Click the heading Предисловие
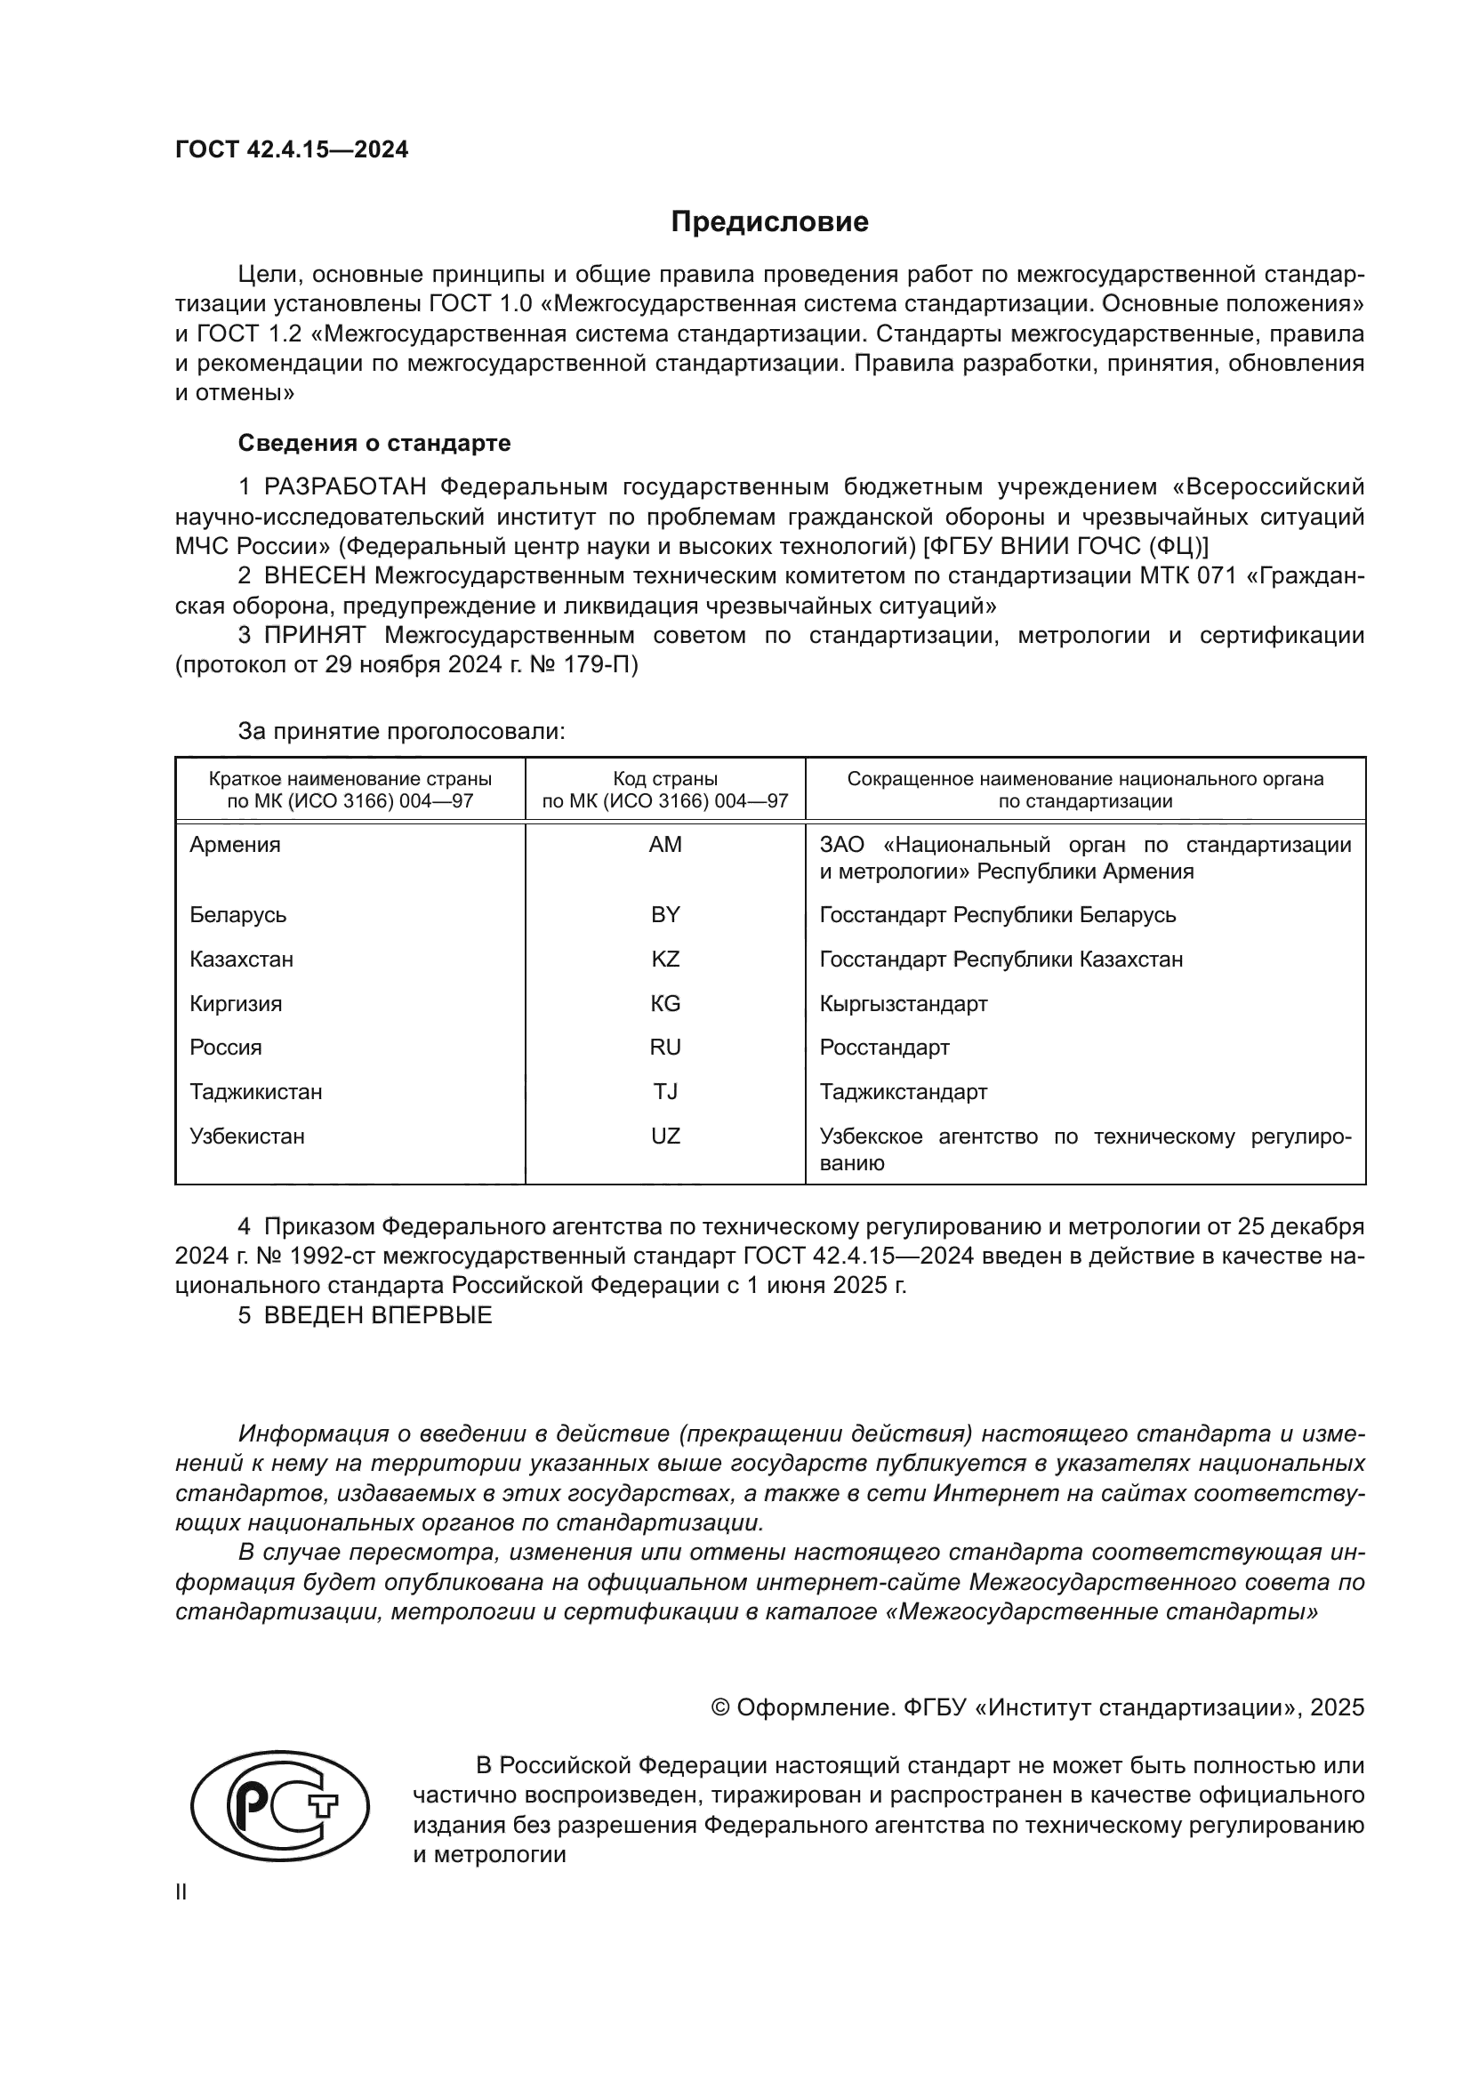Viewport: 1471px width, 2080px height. [769, 222]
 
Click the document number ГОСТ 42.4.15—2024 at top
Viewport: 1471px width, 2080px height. [292, 149]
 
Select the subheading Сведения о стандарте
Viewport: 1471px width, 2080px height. [374, 443]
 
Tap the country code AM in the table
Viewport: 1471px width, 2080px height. [665, 844]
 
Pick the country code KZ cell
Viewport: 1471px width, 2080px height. [665, 959]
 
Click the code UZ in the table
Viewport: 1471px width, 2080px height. [665, 1136]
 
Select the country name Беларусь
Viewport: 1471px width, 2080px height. [238, 914]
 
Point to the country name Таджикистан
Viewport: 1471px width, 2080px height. [256, 1092]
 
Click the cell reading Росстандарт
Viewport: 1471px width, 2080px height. [884, 1048]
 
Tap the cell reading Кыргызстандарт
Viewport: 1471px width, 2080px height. [903, 1004]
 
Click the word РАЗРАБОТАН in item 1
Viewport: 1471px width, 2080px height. [345, 487]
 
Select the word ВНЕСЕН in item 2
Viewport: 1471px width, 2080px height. [315, 576]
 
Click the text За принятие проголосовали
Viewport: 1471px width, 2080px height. [401, 731]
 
